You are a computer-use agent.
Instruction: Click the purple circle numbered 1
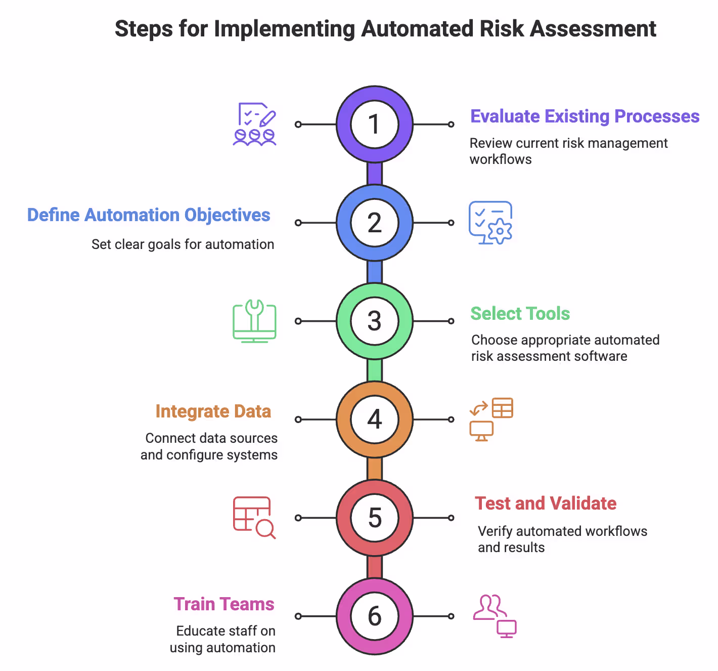coord(374,124)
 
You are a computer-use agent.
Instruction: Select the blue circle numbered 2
coord(374,223)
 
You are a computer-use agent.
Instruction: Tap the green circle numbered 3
coord(374,321)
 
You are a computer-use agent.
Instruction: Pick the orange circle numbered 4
coord(374,420)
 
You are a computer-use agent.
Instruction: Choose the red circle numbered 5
coord(374,518)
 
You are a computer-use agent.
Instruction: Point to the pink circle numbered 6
coord(374,616)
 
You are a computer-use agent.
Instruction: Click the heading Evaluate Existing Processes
coord(585,116)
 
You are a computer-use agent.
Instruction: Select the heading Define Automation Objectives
coord(149,215)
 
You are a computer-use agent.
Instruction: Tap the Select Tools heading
coord(520,314)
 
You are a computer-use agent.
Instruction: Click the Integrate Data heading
coord(213,411)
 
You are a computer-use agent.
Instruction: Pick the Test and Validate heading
coord(545,504)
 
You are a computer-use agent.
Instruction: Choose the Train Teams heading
coord(224,604)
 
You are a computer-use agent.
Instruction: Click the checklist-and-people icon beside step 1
coord(255,124)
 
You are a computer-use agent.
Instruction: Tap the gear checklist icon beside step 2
coord(490,223)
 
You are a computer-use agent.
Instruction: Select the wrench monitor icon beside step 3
coord(254,321)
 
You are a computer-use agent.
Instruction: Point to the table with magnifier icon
coord(254,518)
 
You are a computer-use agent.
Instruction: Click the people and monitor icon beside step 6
coord(495,616)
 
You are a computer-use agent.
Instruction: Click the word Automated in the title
coord(417,29)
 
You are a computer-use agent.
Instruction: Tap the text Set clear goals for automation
coord(183,244)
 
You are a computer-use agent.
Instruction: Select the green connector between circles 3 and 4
coord(374,370)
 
